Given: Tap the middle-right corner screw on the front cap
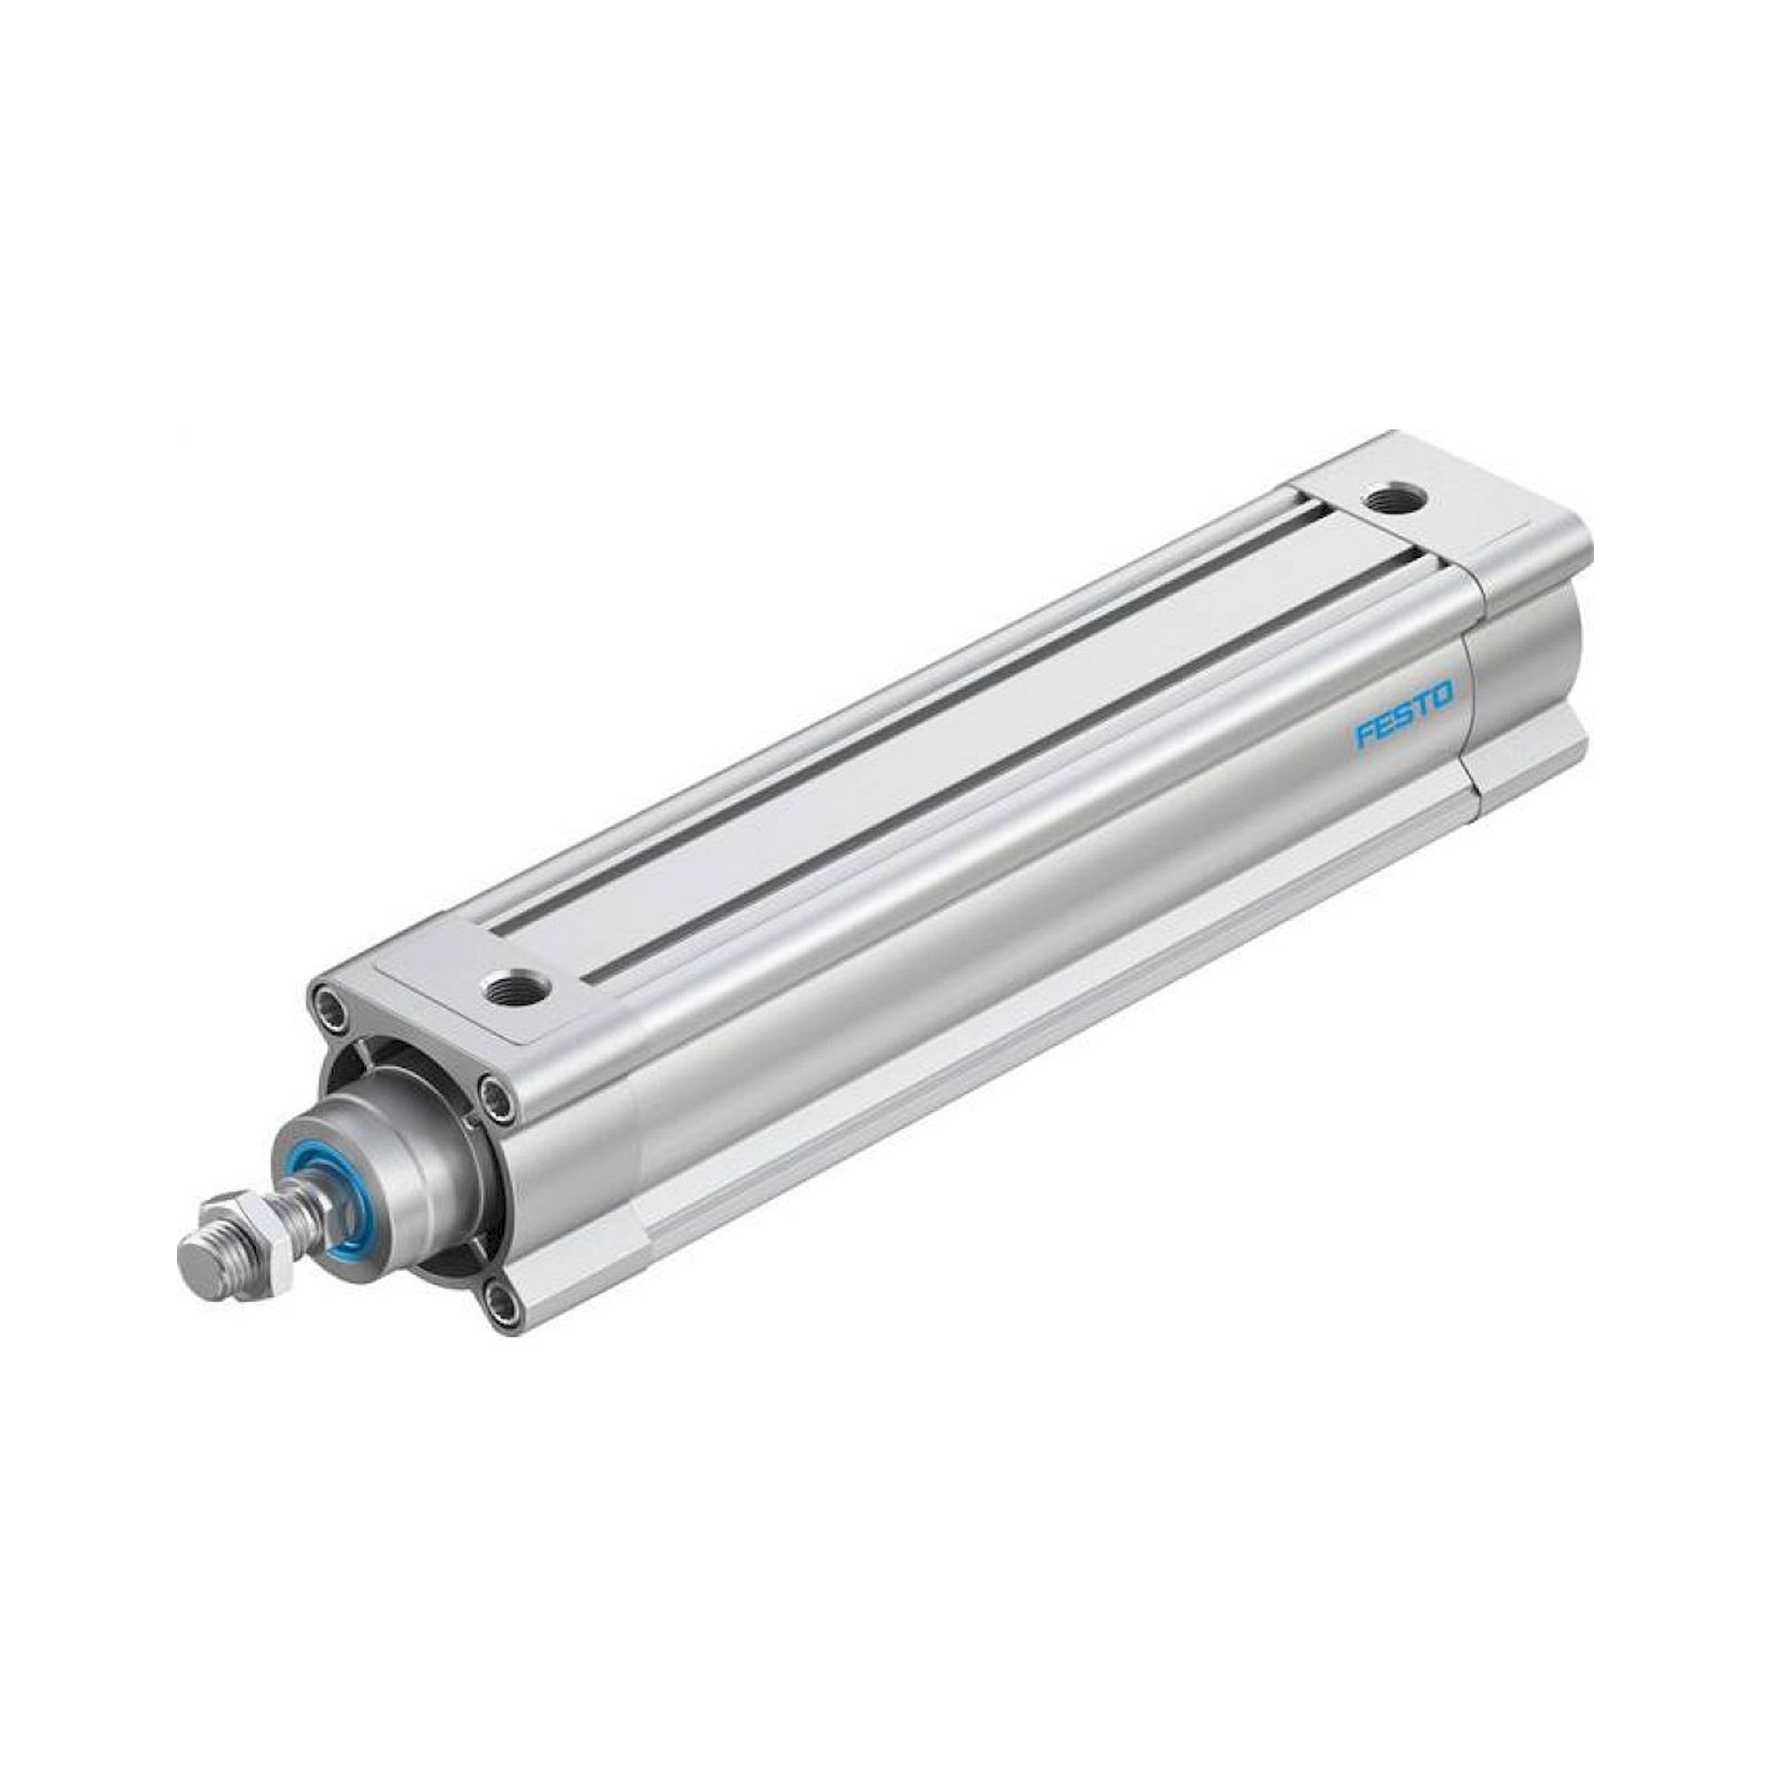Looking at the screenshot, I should (498, 1094).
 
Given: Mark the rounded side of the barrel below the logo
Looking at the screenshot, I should (1100, 916).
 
